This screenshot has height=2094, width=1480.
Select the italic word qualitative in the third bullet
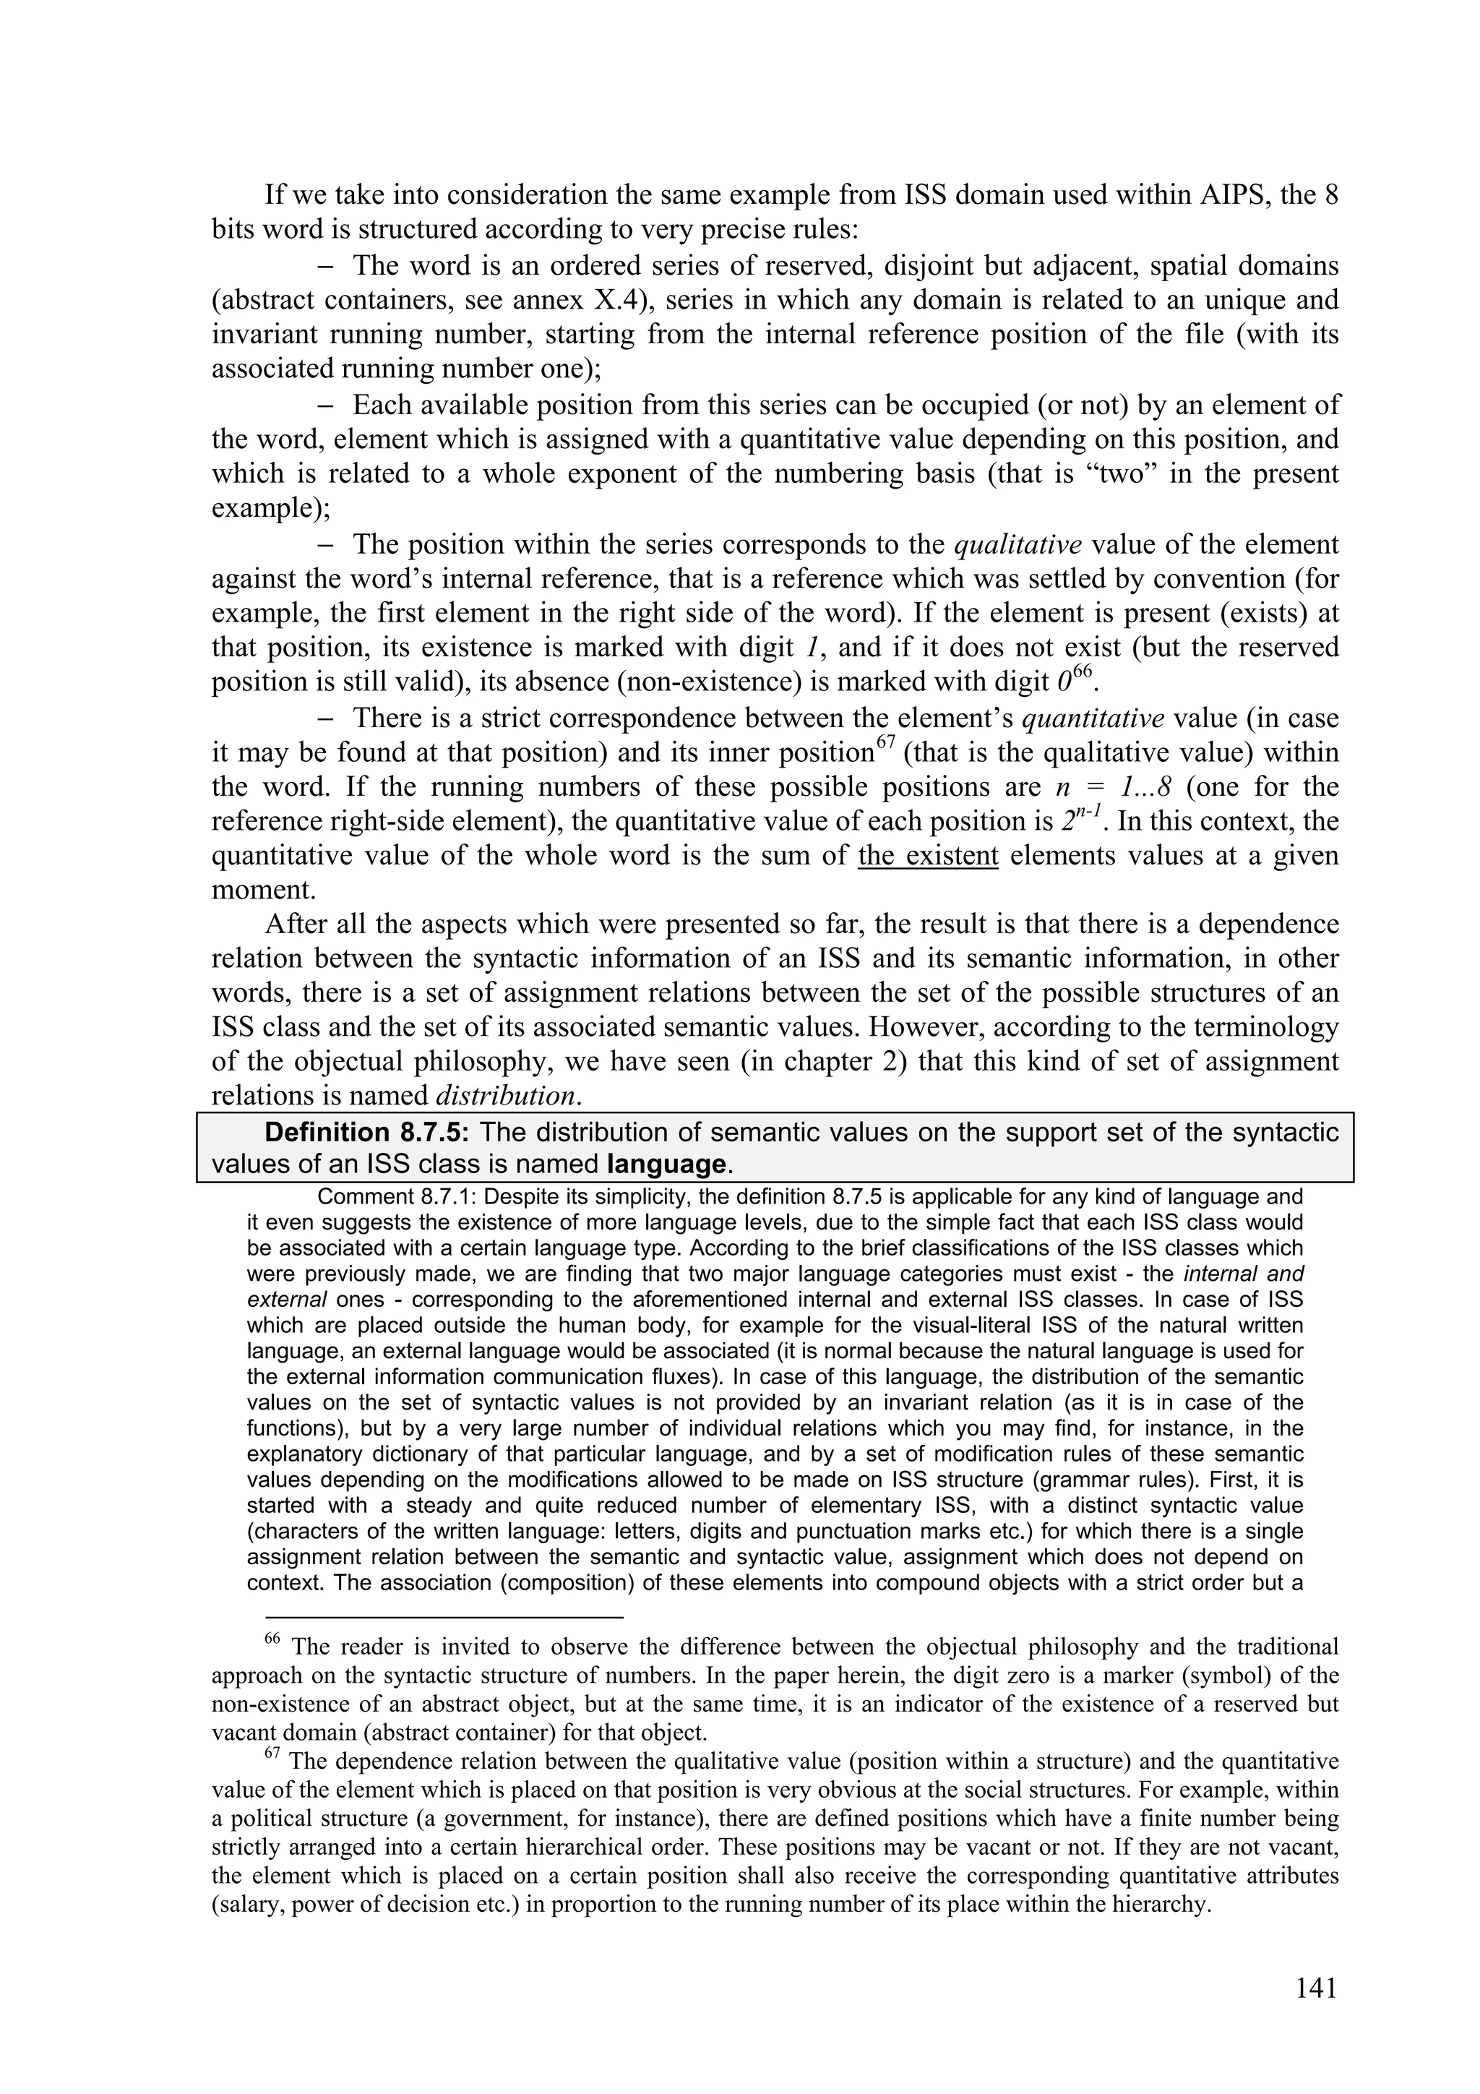click(x=1017, y=544)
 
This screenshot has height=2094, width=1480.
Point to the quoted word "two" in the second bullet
click(x=1111, y=474)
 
